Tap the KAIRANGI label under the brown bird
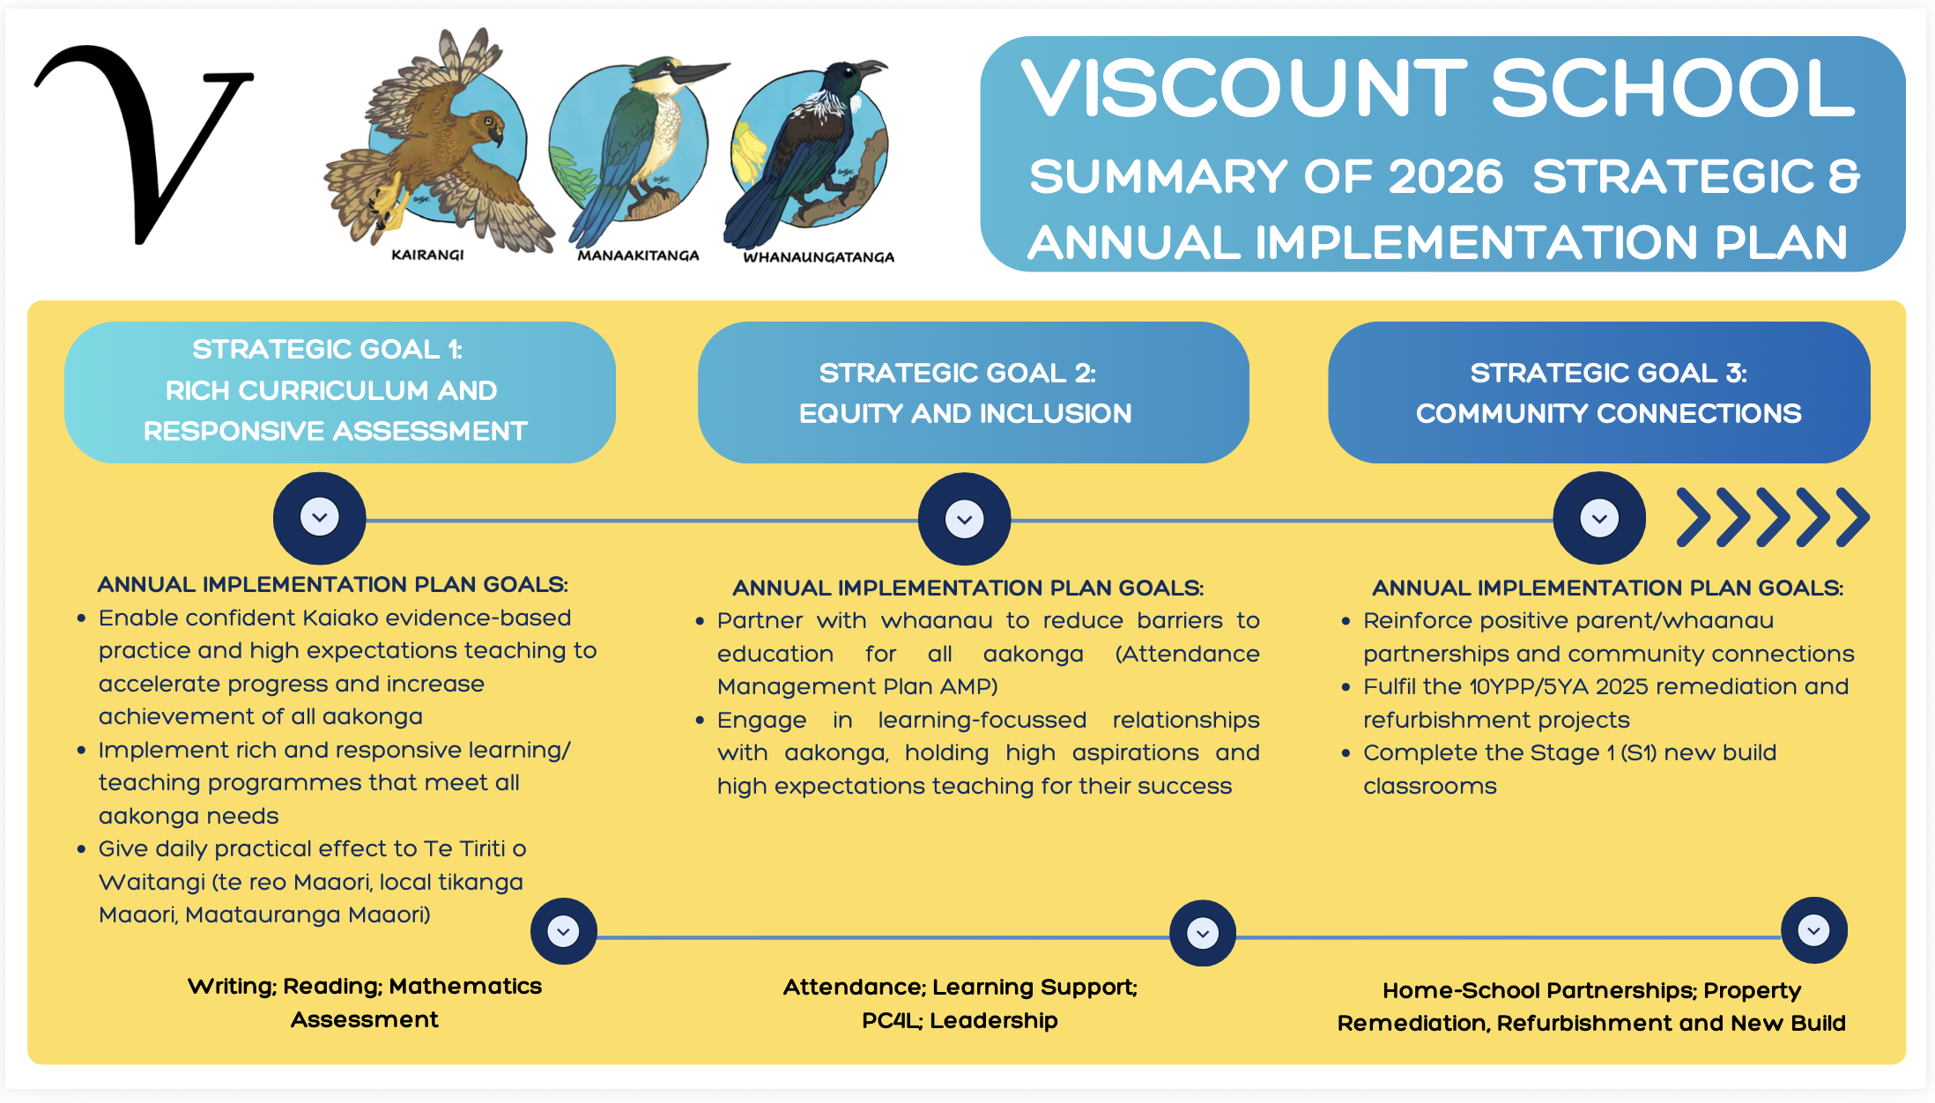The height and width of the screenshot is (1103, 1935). (x=427, y=255)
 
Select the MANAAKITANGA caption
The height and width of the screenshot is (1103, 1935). (x=638, y=255)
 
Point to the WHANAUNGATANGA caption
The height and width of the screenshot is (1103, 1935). (x=819, y=257)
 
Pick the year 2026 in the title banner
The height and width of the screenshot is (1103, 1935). (x=1445, y=176)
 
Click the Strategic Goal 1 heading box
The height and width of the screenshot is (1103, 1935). (x=340, y=392)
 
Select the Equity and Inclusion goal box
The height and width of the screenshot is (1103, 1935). (x=974, y=392)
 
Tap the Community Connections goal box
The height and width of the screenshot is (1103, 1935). (x=1599, y=392)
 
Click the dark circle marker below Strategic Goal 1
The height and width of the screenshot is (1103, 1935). (x=320, y=518)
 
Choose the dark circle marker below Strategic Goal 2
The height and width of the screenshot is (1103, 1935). (x=965, y=519)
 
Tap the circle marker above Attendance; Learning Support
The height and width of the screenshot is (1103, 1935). (x=1203, y=933)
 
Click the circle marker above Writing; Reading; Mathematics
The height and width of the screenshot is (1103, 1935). (x=564, y=931)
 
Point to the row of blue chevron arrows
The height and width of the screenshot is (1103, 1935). (x=1773, y=517)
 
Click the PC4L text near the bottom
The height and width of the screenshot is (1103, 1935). (x=891, y=1020)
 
